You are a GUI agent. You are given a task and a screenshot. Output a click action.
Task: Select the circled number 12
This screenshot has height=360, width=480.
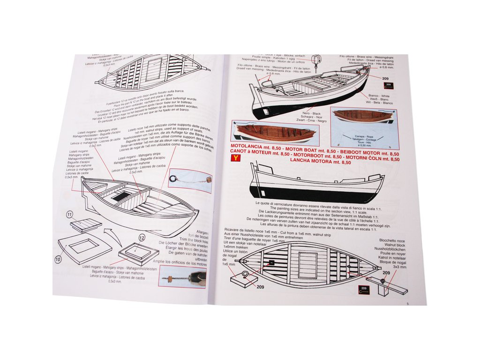coord(142,239)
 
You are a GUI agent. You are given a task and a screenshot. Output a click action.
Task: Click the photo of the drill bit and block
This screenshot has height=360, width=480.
coord(183,277)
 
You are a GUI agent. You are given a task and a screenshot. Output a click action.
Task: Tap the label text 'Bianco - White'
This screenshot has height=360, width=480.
coord(379,96)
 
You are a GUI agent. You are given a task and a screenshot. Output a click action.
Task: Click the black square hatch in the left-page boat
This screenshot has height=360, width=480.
coord(121,195)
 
